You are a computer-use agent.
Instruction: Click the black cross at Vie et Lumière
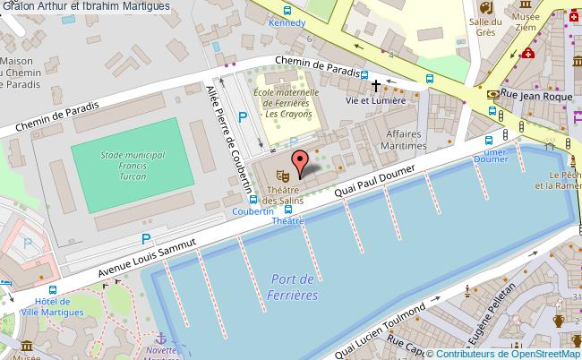pyautogui.click(x=376, y=85)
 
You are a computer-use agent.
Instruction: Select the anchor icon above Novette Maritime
pyautogui.click(x=161, y=338)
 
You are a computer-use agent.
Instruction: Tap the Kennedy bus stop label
pyautogui.click(x=287, y=22)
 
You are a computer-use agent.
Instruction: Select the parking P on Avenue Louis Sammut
pyautogui.click(x=145, y=238)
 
